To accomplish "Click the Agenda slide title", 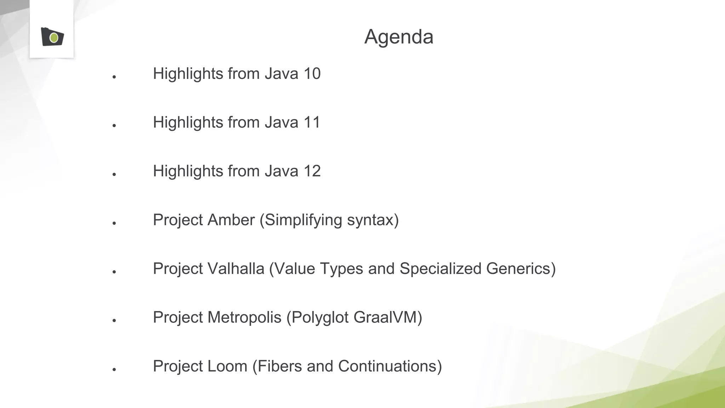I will tap(399, 37).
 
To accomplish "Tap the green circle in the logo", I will tap(54, 38).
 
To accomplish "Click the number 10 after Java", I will tap(312, 74).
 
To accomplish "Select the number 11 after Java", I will tap(312, 123).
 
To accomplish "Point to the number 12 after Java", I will tap(312, 171).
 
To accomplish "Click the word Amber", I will tap(231, 220).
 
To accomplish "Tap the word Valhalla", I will tap(236, 268).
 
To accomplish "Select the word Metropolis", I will tap(244, 317).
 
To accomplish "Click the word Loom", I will tap(227, 366).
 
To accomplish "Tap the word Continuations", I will tap(388, 366).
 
